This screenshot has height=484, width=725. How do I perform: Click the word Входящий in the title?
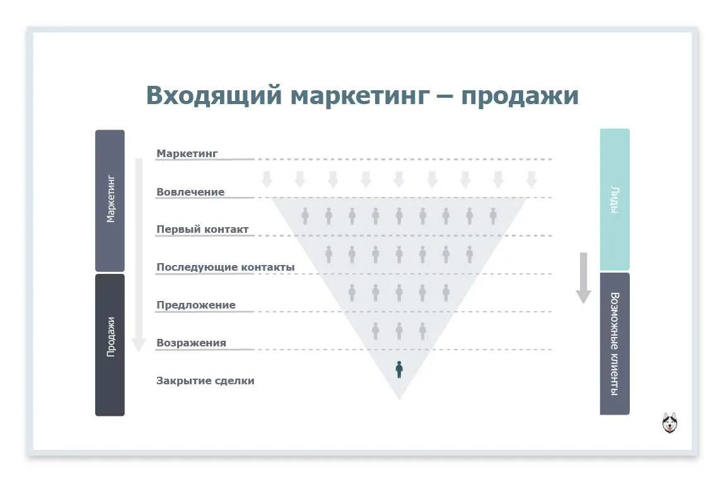coord(212,96)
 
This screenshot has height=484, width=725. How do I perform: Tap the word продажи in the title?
coord(519,96)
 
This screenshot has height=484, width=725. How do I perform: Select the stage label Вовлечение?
coord(190,192)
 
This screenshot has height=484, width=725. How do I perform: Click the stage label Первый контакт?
coord(202,230)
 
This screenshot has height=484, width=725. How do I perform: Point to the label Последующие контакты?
coord(225,268)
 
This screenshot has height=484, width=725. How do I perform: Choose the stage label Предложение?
coord(196,305)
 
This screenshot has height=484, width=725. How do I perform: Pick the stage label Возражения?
coord(191,343)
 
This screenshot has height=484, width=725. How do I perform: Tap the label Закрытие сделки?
coord(206,381)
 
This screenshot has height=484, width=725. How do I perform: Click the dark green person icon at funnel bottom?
coord(399,369)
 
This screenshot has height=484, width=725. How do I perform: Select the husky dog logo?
coord(670,422)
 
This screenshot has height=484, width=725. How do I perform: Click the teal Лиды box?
coord(614,199)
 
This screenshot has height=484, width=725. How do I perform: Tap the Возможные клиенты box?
coord(614,343)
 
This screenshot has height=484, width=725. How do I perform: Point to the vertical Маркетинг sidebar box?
coord(110,200)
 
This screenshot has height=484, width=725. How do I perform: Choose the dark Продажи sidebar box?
coord(110,345)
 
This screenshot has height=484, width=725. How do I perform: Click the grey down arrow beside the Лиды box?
coord(583,278)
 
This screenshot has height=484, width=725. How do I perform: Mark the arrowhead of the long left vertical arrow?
coord(139,345)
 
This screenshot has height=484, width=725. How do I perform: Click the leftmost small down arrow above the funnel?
coord(267,179)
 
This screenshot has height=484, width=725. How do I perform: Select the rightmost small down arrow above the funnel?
coord(531,179)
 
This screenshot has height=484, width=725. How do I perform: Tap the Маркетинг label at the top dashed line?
coord(187,153)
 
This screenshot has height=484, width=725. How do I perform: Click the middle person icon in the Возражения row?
coord(399,330)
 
